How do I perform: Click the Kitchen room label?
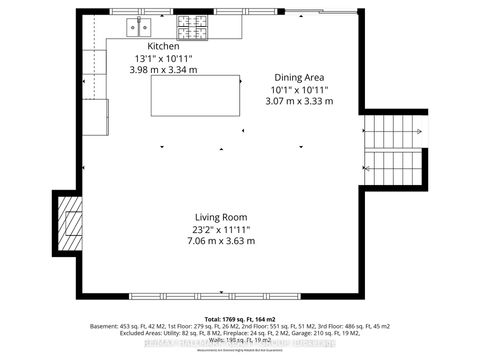(x=163, y=47)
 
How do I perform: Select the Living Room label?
(x=221, y=217)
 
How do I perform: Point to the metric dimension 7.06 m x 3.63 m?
(x=221, y=241)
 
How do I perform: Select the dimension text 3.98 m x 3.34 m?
(x=163, y=70)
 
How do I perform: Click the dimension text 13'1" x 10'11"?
(x=163, y=59)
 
